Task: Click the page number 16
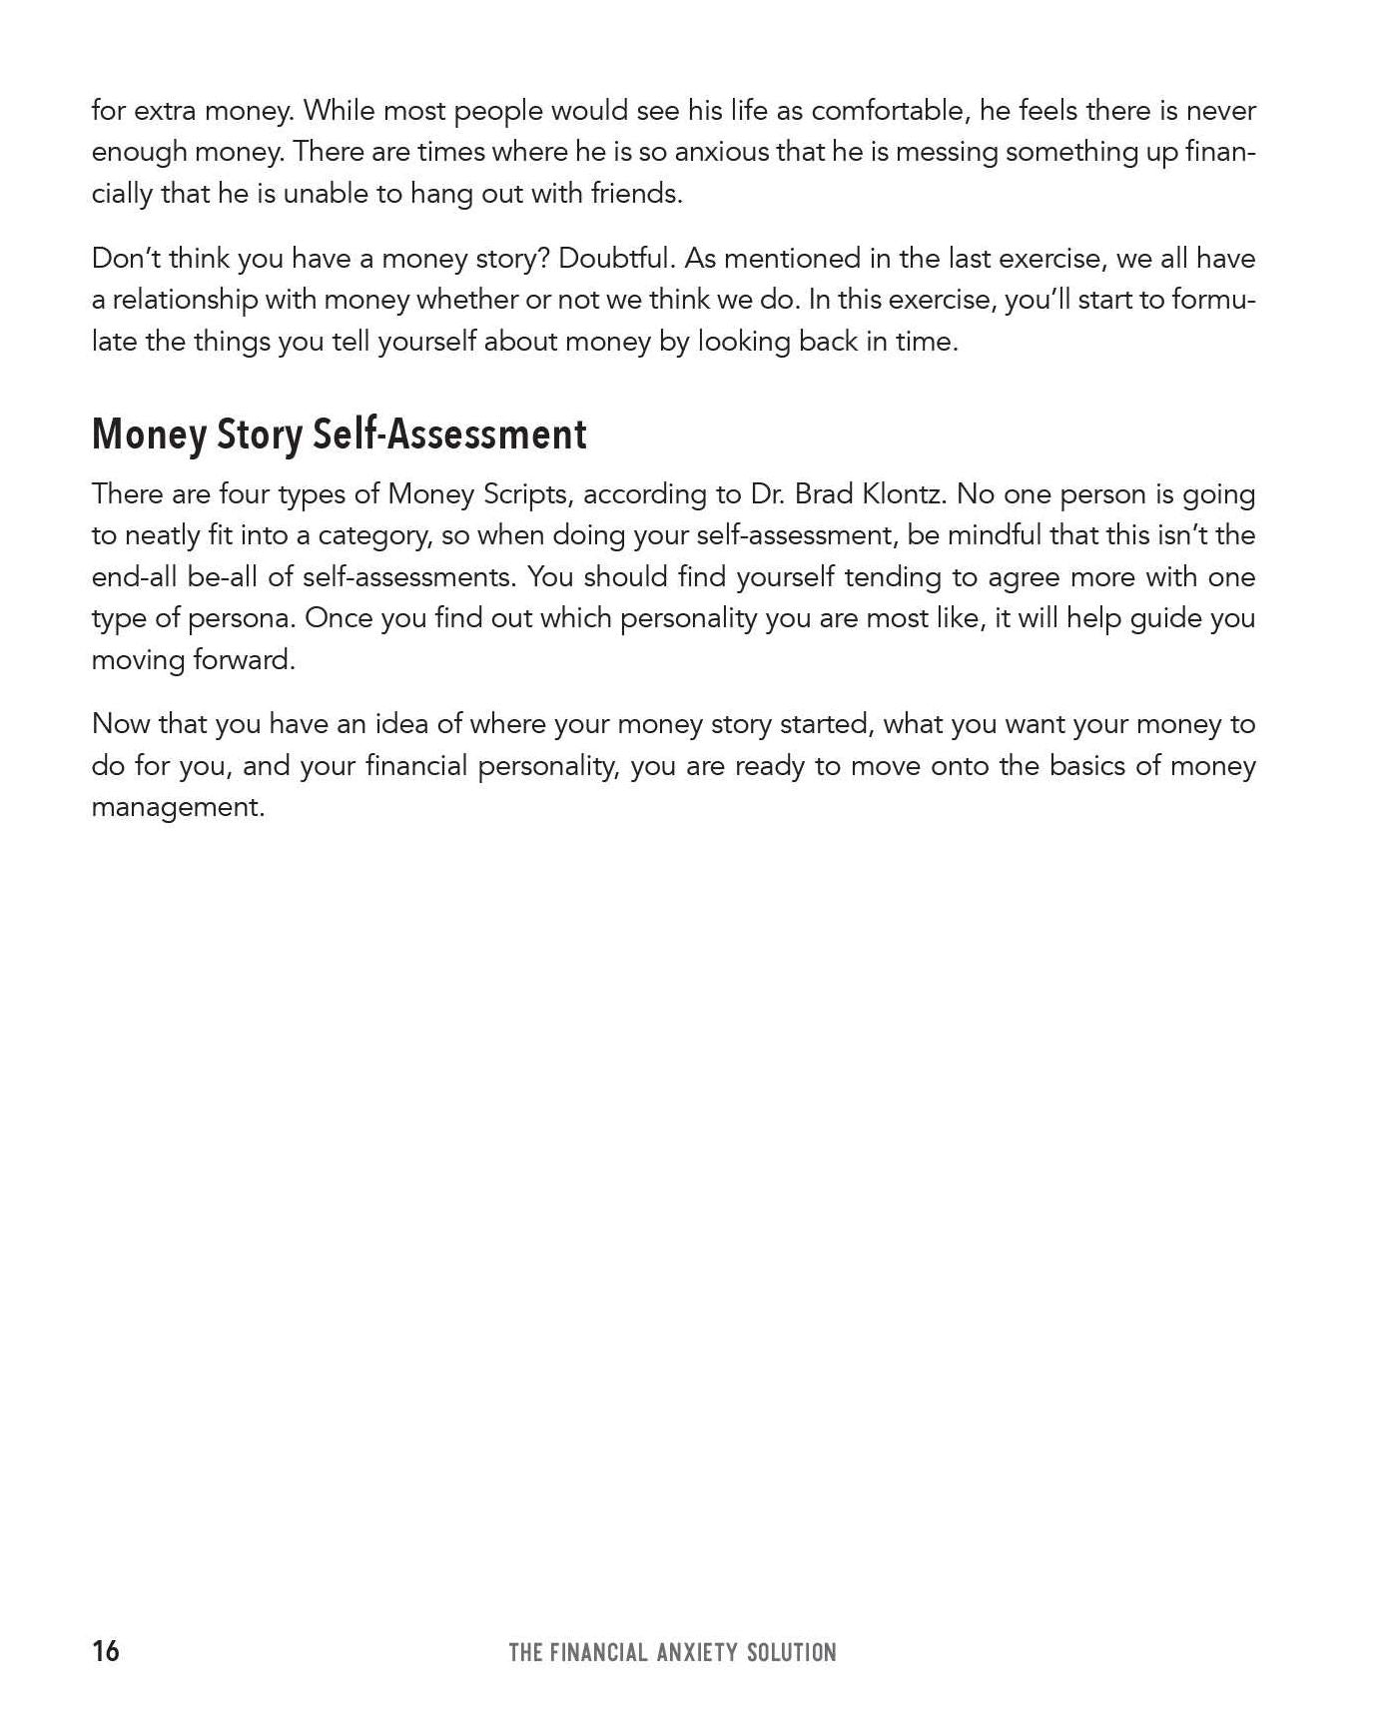pos(105,1651)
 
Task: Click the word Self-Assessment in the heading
pos(449,434)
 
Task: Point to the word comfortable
pos(888,111)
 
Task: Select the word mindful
pos(993,535)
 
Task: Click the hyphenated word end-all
pos(134,577)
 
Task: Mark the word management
pos(178,807)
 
